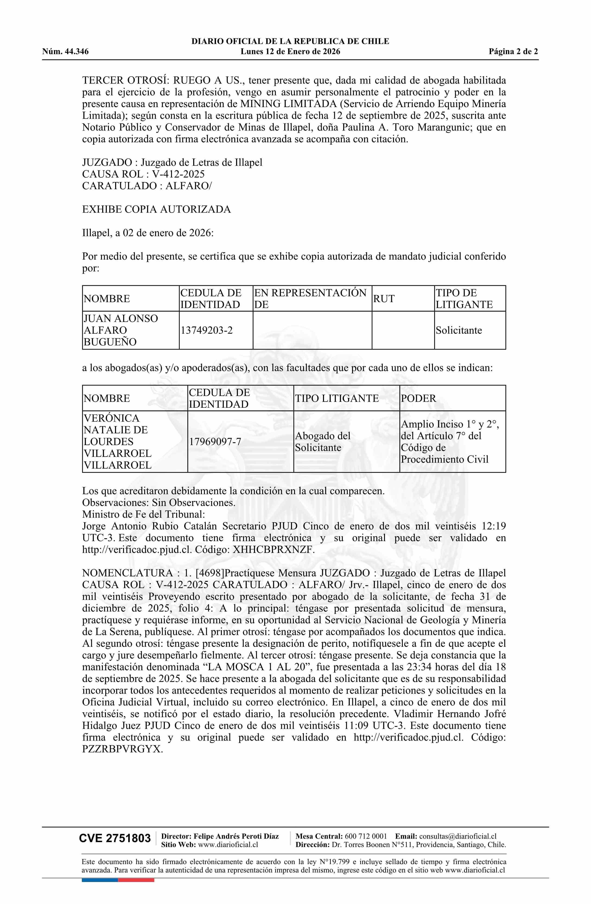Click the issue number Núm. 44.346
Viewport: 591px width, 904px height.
[65, 52]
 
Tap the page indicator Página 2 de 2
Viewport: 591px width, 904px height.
[513, 52]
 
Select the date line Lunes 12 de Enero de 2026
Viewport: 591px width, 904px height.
[290, 52]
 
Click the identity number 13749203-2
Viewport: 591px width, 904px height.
[207, 330]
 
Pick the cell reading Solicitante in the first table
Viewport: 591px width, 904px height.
[459, 330]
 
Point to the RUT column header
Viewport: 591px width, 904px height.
[384, 299]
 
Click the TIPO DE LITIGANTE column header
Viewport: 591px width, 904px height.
[464, 299]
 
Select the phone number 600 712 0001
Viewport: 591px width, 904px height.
[365, 836]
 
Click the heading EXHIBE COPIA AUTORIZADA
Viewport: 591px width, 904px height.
[156, 209]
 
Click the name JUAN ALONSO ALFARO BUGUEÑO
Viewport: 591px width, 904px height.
[121, 330]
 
